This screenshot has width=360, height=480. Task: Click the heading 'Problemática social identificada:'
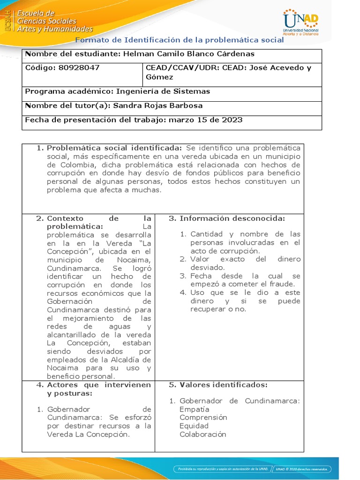112,148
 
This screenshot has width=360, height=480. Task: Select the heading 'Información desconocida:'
232,218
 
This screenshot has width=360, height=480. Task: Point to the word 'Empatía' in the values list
195,409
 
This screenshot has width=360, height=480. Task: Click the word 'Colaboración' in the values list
203,435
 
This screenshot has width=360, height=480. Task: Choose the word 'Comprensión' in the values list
203,418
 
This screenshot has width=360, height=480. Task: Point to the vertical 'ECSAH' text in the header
7,21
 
